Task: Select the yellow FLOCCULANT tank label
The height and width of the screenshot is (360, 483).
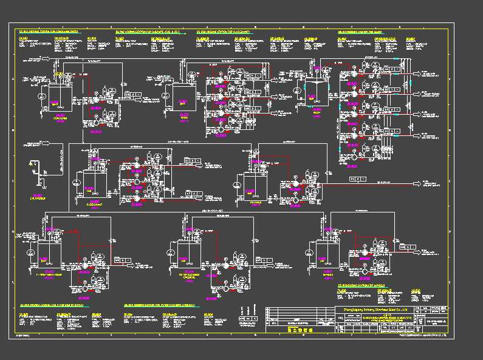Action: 94,205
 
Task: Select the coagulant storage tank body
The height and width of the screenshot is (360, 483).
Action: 58,97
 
